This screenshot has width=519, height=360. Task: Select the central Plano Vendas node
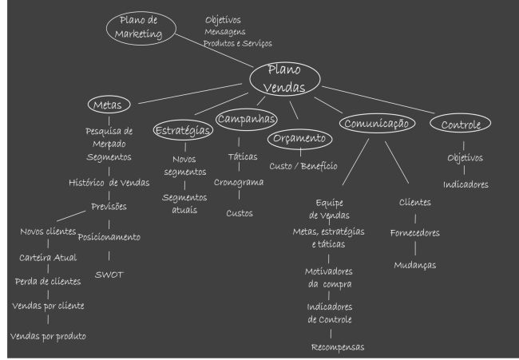coord(285,78)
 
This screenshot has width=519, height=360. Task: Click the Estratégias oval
coord(184,129)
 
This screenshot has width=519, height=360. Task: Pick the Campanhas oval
coord(247,119)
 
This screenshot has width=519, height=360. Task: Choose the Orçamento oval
coord(299,139)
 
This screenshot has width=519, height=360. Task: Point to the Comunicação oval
coord(378,124)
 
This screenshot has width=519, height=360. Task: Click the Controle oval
coord(461,125)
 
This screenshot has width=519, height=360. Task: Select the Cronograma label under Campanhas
coord(239,182)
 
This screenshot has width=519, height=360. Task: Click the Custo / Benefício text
coord(303,166)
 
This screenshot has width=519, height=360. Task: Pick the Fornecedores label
coord(414,233)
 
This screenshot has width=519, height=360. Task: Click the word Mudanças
coord(414,264)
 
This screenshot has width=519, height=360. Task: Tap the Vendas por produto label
coord(48,335)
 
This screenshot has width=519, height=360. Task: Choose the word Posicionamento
coord(109,237)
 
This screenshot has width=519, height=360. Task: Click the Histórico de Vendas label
coord(109,183)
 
